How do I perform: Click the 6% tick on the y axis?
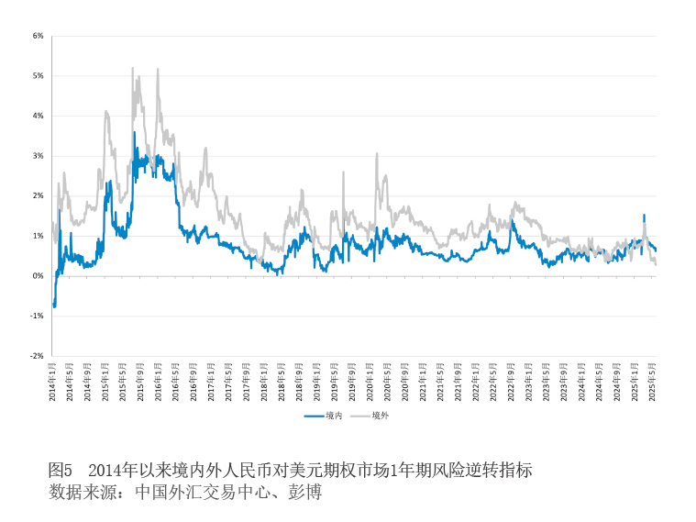(x=39, y=36)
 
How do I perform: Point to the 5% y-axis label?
(x=39, y=76)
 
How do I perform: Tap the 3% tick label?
(x=39, y=156)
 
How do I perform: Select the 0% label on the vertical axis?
(x=39, y=276)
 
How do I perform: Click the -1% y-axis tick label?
(x=38, y=316)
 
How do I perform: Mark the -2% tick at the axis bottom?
(x=38, y=355)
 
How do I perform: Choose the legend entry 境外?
(x=381, y=416)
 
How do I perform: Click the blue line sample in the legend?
(x=315, y=416)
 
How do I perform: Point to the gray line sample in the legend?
(x=360, y=416)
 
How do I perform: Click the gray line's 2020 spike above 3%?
(x=376, y=154)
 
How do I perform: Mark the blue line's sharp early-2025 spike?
(x=644, y=216)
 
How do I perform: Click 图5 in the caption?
(x=60, y=471)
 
